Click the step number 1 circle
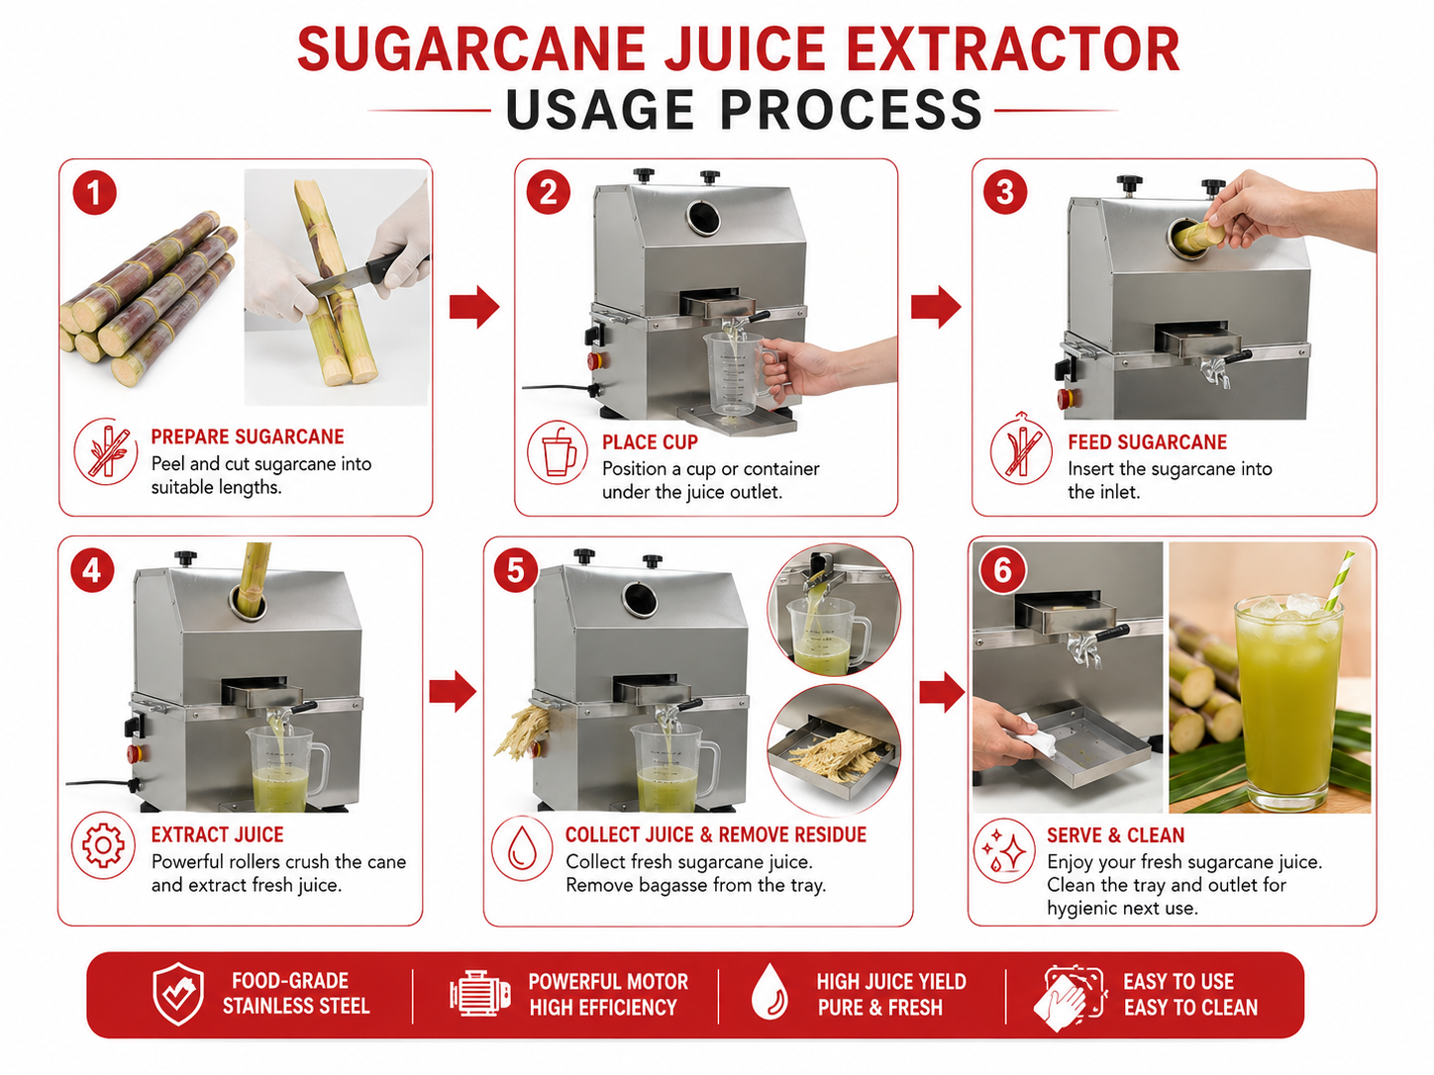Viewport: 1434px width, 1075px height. pos(95,193)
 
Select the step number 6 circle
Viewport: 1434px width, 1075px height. pos(1002,570)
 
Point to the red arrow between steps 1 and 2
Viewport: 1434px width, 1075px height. pos(474,306)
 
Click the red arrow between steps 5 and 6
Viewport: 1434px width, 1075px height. pos(943,691)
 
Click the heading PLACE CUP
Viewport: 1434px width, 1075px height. pos(650,442)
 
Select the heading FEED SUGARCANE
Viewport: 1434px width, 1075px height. pos(1147,442)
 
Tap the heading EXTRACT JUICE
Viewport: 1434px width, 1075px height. pos(218,834)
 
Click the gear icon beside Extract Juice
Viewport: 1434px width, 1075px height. pos(103,846)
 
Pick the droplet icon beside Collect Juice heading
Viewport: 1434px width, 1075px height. pos(523,848)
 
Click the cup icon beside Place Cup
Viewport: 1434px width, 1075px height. pos(559,451)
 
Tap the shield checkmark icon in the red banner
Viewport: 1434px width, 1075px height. pos(177,994)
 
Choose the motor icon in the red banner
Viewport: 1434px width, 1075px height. pos(479,994)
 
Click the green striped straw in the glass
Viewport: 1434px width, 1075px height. pos(1339,580)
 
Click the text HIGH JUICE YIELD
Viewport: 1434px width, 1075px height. pos(891,982)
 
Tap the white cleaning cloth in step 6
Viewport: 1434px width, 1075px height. pos(1038,734)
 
